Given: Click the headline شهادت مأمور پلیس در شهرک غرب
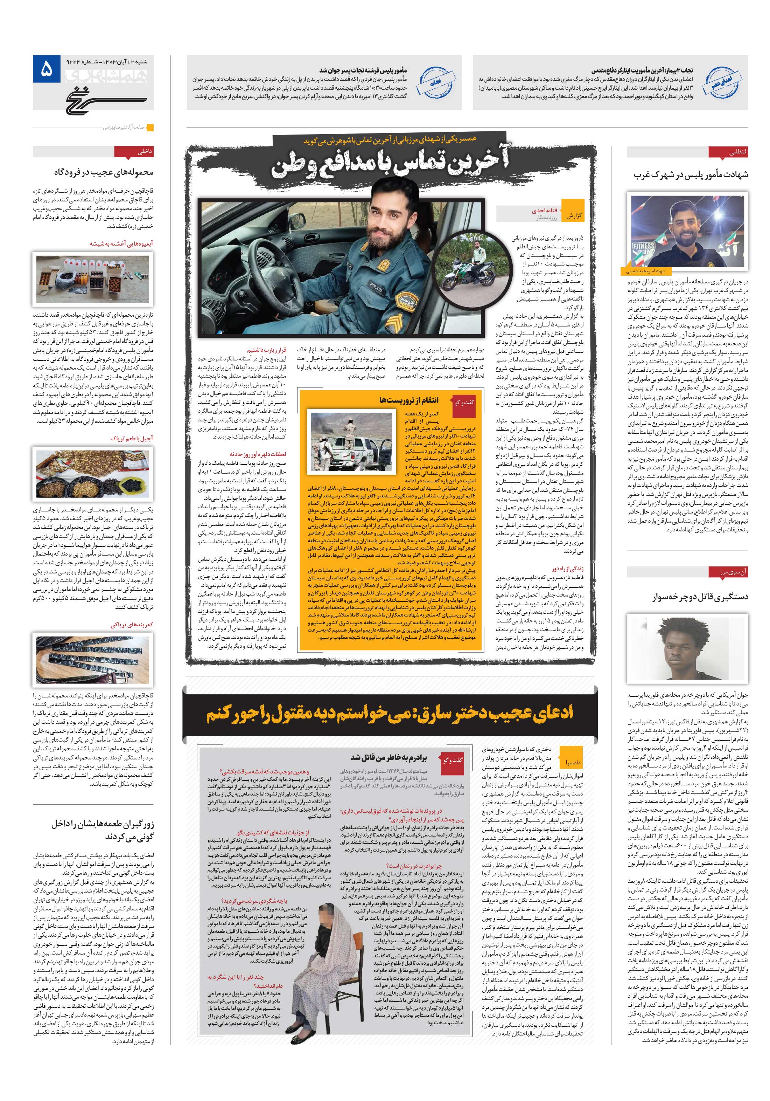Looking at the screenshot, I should (x=690, y=174).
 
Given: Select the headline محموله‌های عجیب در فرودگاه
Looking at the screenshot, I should (x=104, y=172).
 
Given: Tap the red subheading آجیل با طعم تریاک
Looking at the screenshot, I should (x=131, y=438).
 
